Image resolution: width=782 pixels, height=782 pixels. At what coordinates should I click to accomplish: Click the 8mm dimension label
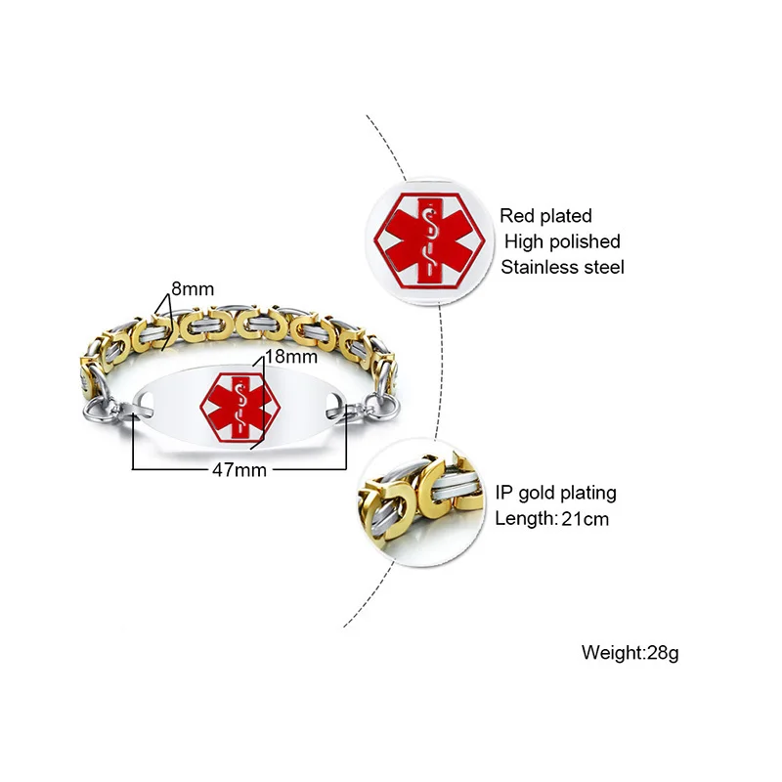click(193, 289)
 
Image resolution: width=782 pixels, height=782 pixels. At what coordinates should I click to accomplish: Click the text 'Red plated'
click(545, 216)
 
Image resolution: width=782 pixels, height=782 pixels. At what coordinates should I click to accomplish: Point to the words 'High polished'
click(563, 241)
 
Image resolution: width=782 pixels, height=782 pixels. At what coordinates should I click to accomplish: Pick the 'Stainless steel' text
click(561, 267)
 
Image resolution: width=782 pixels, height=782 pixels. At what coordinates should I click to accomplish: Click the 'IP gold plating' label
click(555, 494)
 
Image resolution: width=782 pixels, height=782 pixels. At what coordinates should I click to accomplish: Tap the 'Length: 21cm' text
click(551, 519)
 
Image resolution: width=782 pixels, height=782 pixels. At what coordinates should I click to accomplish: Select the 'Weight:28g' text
click(630, 652)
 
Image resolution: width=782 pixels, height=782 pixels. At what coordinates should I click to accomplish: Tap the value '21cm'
click(585, 519)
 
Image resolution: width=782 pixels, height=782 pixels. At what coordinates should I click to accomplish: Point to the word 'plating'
click(586, 494)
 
